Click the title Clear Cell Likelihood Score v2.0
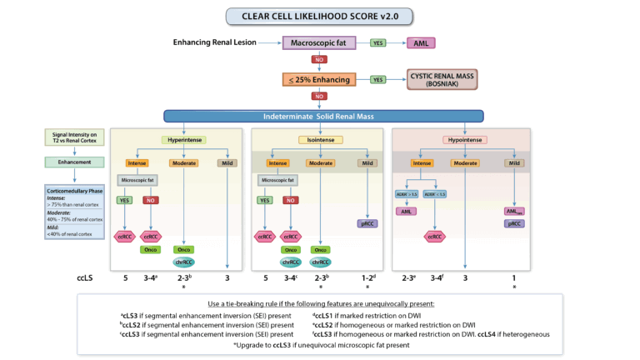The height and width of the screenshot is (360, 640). coord(319,16)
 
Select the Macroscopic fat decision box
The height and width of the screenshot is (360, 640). coord(319,42)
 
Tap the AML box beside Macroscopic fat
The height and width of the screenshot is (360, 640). coord(421,42)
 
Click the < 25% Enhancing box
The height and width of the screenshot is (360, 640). coord(319,79)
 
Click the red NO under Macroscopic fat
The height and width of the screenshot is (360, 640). coord(319,60)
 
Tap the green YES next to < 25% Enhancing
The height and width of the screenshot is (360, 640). coord(377,79)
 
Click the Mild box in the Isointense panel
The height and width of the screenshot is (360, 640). coord(367,163)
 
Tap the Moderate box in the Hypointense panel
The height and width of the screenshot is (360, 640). coord(464,163)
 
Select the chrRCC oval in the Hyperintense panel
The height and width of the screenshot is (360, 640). coord(183,261)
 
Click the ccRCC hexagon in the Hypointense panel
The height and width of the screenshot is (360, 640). coord(434,236)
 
